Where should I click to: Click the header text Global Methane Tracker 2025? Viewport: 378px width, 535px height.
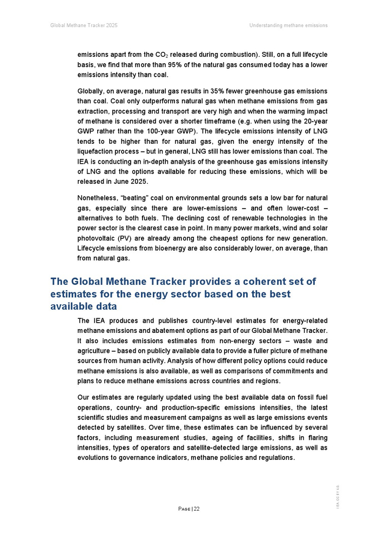pos(84,25)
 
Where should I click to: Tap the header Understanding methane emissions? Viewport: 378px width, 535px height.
pos(288,25)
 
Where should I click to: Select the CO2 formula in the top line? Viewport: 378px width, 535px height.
pos(160,55)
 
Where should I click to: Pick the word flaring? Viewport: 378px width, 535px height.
pos(314,438)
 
